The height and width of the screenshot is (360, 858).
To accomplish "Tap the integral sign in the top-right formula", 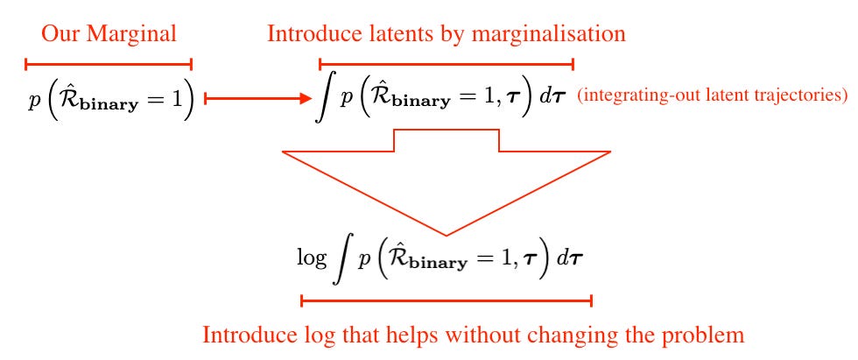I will point(324,98).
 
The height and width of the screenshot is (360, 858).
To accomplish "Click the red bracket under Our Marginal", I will point(109,63).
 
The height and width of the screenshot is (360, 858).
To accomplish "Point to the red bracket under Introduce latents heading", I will point(446,63).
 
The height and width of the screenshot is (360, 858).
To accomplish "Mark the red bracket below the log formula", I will point(447,300).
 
